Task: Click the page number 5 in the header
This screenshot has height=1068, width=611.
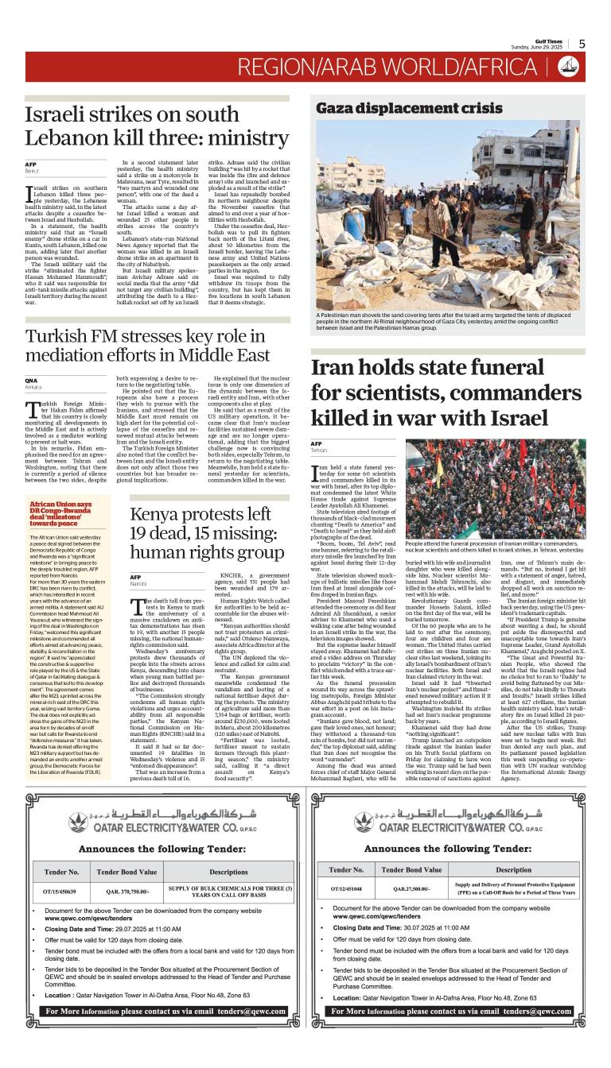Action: point(582,44)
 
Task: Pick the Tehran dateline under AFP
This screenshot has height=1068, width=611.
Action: point(320,449)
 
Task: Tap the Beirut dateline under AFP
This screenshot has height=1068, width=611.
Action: point(33,170)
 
